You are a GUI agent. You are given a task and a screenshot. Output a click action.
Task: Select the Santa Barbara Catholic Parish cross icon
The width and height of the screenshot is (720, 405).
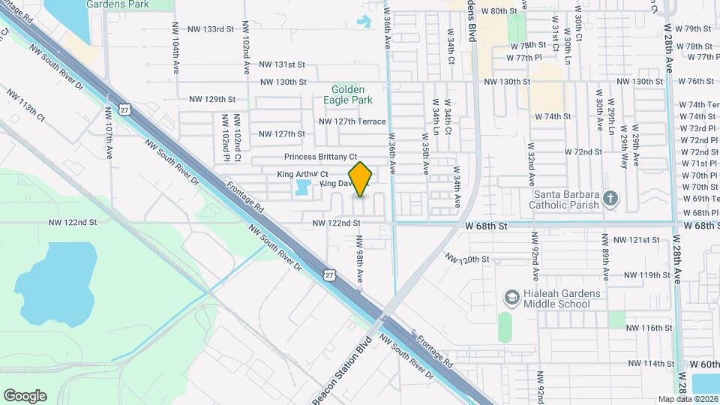tap(611, 199)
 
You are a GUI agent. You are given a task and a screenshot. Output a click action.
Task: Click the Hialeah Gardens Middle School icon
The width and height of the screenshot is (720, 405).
tap(512, 298)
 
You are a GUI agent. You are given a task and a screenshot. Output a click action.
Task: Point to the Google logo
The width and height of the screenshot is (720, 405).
tap(25, 395)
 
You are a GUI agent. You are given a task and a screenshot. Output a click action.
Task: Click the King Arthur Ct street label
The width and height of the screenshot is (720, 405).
tap(303, 174)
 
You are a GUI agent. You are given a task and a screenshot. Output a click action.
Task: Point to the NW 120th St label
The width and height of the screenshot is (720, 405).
tap(466, 259)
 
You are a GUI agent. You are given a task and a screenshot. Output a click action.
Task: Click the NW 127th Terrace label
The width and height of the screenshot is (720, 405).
tap(352, 121)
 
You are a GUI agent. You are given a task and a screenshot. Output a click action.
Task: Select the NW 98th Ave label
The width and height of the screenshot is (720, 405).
tap(360, 259)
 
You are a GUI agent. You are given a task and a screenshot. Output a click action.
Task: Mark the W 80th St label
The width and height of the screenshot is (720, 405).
tap(500, 11)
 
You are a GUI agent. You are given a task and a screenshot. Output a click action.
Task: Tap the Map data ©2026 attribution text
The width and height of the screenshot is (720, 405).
tap(688, 399)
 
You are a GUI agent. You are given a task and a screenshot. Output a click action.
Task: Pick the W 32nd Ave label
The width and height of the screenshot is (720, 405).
tap(530, 165)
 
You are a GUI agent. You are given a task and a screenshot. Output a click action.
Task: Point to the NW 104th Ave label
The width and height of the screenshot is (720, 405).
tap(175, 45)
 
